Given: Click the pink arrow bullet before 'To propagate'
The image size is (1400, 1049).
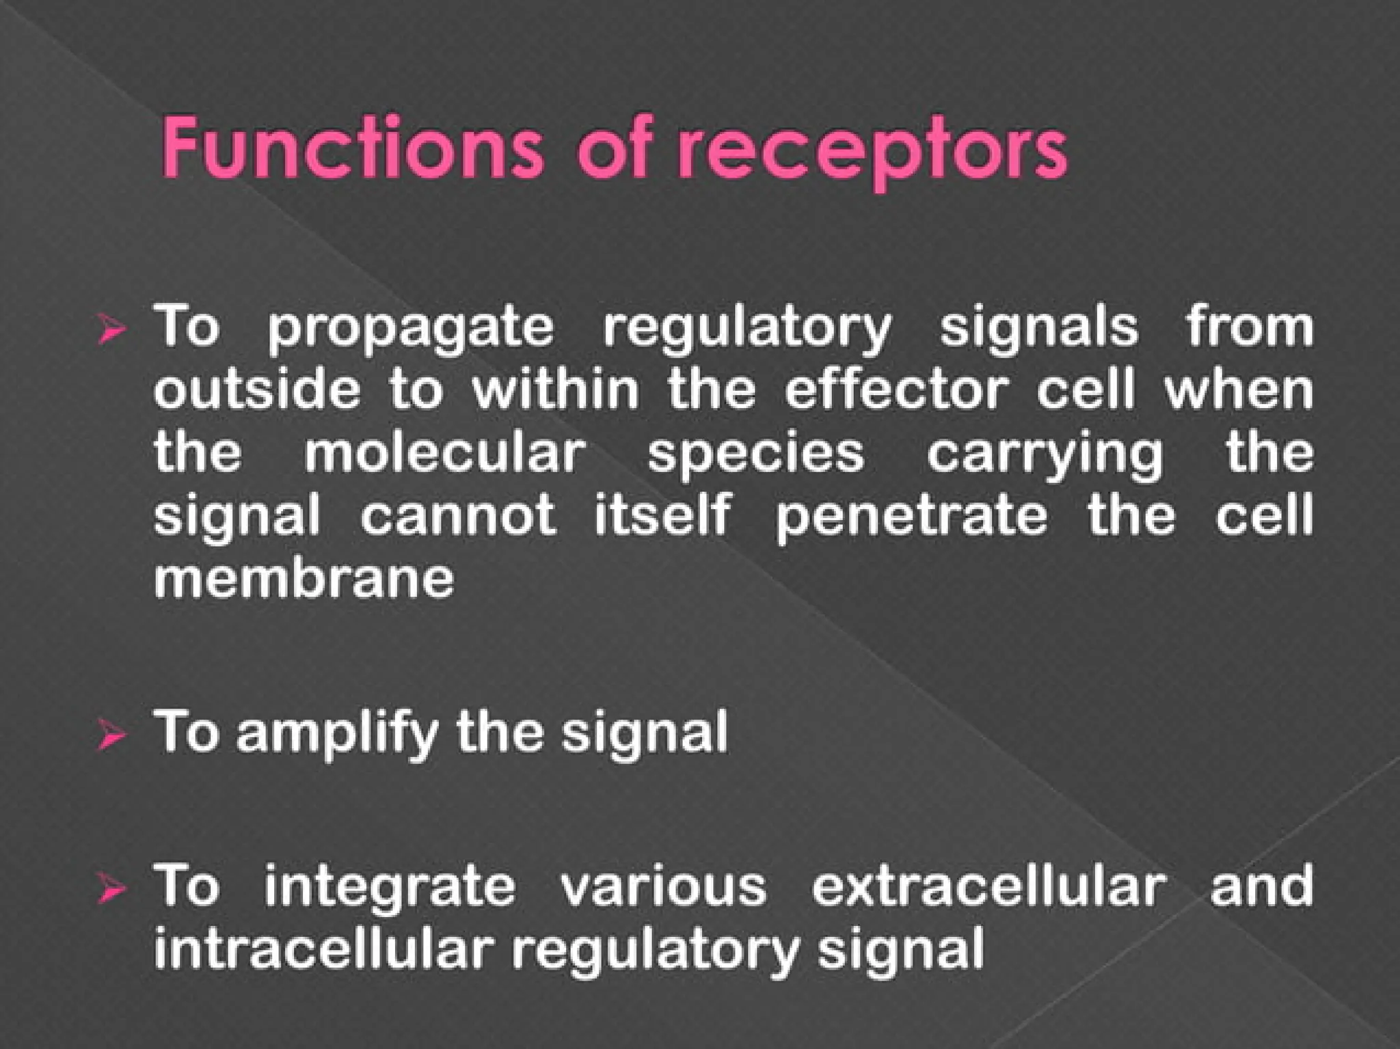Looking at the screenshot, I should coord(111,329).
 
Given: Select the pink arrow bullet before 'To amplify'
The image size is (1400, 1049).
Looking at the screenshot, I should coord(111,735).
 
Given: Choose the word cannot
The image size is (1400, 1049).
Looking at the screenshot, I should coord(458,515).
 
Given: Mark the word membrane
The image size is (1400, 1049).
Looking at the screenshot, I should coord(304,579).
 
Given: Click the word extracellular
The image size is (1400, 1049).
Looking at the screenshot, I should coord(988,886).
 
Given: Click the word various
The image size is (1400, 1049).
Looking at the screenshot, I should coord(663,886).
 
